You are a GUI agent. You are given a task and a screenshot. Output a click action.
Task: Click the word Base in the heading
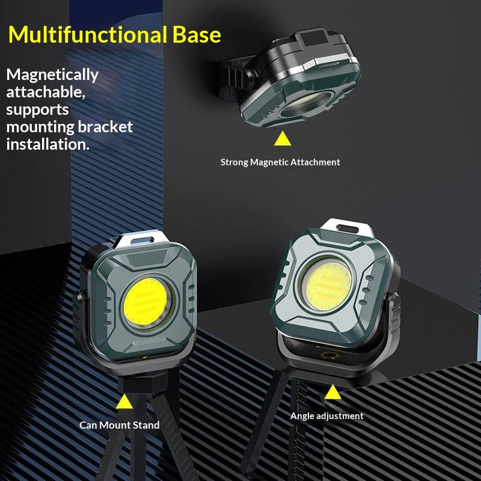pos(197,34)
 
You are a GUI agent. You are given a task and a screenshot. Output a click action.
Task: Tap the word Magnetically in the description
pos(52,75)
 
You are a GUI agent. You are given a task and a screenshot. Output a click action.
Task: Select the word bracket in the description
pos(105,127)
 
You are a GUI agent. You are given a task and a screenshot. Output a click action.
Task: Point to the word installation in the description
pos(47,144)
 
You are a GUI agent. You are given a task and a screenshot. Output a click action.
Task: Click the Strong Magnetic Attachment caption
pos(280,162)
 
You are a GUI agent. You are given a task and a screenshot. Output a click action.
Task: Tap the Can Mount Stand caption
pos(119,425)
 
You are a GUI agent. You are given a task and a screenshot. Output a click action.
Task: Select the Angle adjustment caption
pos(326,416)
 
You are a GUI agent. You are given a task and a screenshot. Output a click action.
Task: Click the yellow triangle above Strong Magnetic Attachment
pos(283,139)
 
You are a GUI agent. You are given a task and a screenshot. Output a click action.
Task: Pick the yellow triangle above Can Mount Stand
pos(124,402)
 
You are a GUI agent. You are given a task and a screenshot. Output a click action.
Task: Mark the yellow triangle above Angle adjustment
pos(332,393)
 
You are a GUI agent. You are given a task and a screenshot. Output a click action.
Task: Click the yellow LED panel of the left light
pos(145,302)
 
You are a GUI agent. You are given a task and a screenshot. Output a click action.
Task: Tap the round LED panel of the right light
pos(328,286)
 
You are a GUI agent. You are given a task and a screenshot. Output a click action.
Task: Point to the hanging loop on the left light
pos(142,240)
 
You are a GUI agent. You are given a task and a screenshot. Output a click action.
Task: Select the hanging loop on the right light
pos(348,228)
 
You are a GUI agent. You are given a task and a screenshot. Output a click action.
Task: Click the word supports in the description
pos(37,110)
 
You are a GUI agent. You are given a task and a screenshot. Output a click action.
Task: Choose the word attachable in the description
pos(46,93)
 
